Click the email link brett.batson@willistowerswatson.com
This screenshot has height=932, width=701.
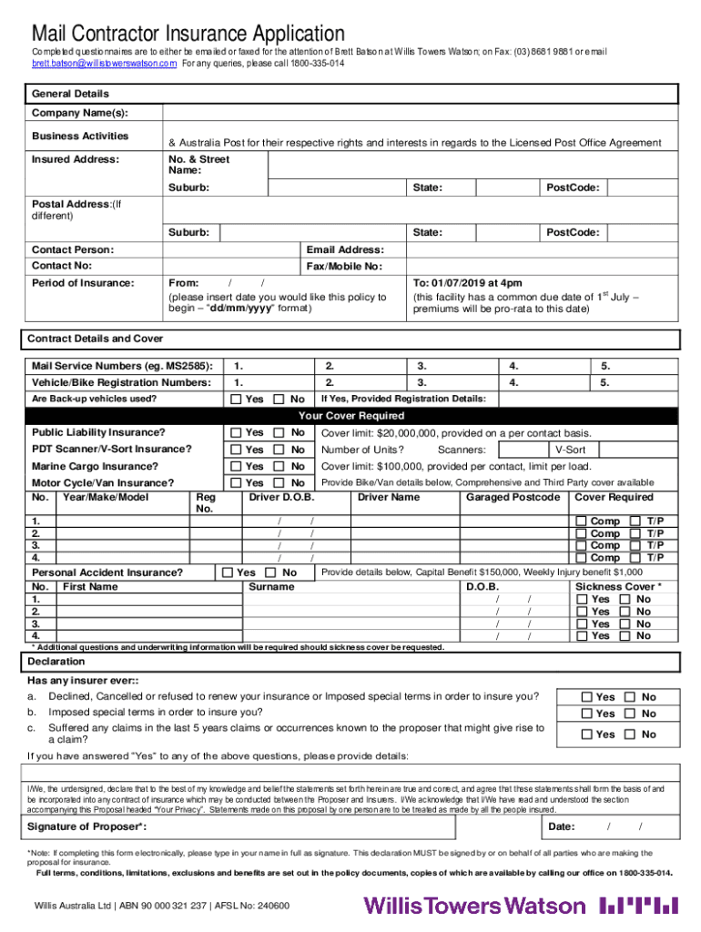coord(104,64)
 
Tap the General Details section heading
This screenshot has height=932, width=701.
coord(70,94)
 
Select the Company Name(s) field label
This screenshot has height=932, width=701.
coord(79,113)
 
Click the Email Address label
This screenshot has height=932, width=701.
coord(345,249)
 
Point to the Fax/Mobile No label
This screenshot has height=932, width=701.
coord(344,267)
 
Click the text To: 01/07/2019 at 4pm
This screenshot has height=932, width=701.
coord(467,283)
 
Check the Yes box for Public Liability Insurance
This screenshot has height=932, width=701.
coord(237,432)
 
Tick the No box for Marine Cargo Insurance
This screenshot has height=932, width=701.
coord(281,466)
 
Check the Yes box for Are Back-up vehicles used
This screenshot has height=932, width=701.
coord(237,399)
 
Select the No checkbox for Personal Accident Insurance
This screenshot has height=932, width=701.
coord(270,572)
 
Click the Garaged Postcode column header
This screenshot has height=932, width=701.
coord(513,497)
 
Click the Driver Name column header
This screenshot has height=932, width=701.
coord(389,497)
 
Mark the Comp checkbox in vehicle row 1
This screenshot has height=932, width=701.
coord(581,521)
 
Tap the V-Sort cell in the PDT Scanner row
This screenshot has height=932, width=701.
coord(570,450)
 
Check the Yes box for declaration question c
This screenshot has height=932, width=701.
coord(587,734)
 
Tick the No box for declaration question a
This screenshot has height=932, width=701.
coord(631,697)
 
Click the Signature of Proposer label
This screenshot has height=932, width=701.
coord(86,826)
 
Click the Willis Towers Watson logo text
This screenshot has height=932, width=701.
coord(474,905)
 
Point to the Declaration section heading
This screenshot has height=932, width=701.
coord(56,661)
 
